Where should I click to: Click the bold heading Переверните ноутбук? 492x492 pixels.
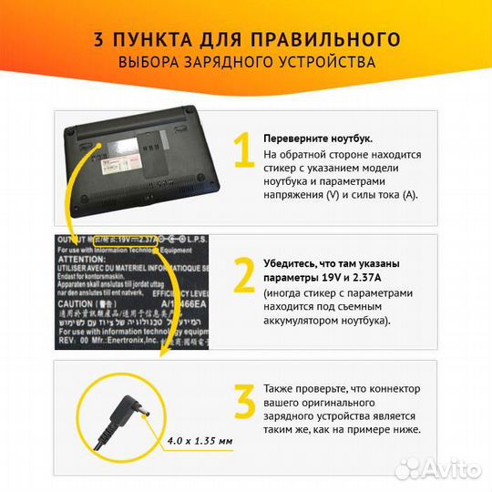click(317, 138)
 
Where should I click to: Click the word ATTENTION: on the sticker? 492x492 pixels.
click(83, 259)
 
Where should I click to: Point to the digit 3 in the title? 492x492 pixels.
click(99, 39)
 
